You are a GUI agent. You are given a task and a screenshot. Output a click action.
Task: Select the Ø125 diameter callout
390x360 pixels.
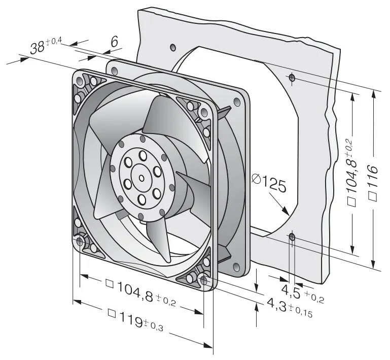[268, 182]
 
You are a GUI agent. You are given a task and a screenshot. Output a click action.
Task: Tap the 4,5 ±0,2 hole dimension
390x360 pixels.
[302, 293]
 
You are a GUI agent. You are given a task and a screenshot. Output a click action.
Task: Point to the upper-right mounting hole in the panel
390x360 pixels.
[292, 78]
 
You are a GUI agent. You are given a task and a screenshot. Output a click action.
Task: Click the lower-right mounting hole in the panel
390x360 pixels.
[292, 237]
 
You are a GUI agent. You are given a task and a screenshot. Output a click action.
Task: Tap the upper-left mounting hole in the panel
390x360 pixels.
[172, 48]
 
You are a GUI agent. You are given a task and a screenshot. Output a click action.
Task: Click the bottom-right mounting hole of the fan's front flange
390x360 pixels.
[204, 279]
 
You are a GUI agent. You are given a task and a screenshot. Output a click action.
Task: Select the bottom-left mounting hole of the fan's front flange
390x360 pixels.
[81, 240]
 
